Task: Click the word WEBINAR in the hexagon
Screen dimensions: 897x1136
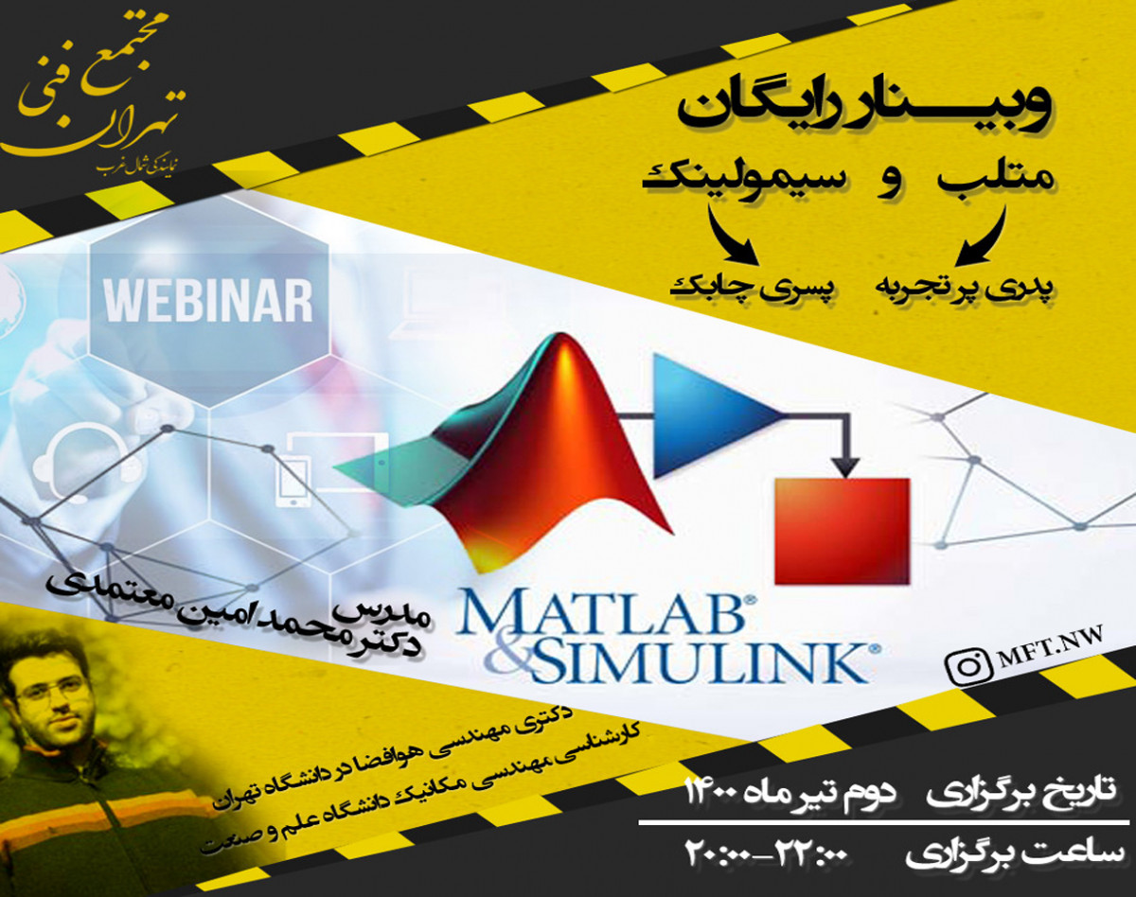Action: [x=207, y=300]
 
